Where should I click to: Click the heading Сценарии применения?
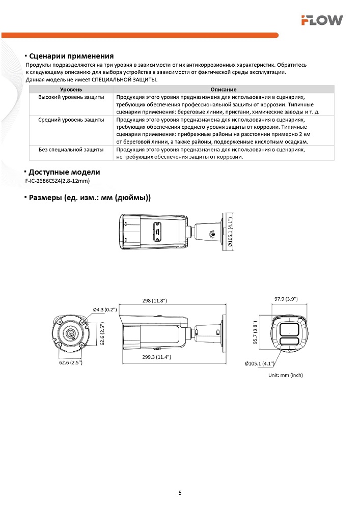click(71, 56)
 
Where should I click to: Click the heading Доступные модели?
click(64, 172)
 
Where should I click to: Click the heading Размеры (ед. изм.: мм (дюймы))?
click(90, 197)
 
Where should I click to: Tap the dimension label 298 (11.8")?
click(155, 301)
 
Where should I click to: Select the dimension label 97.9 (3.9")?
click(286, 299)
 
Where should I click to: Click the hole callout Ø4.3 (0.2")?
click(105, 309)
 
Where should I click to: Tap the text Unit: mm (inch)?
click(286, 375)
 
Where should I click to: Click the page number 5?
click(180, 492)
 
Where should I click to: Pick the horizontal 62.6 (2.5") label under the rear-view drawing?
click(70, 362)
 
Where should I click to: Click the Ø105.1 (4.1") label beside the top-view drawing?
click(230, 232)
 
